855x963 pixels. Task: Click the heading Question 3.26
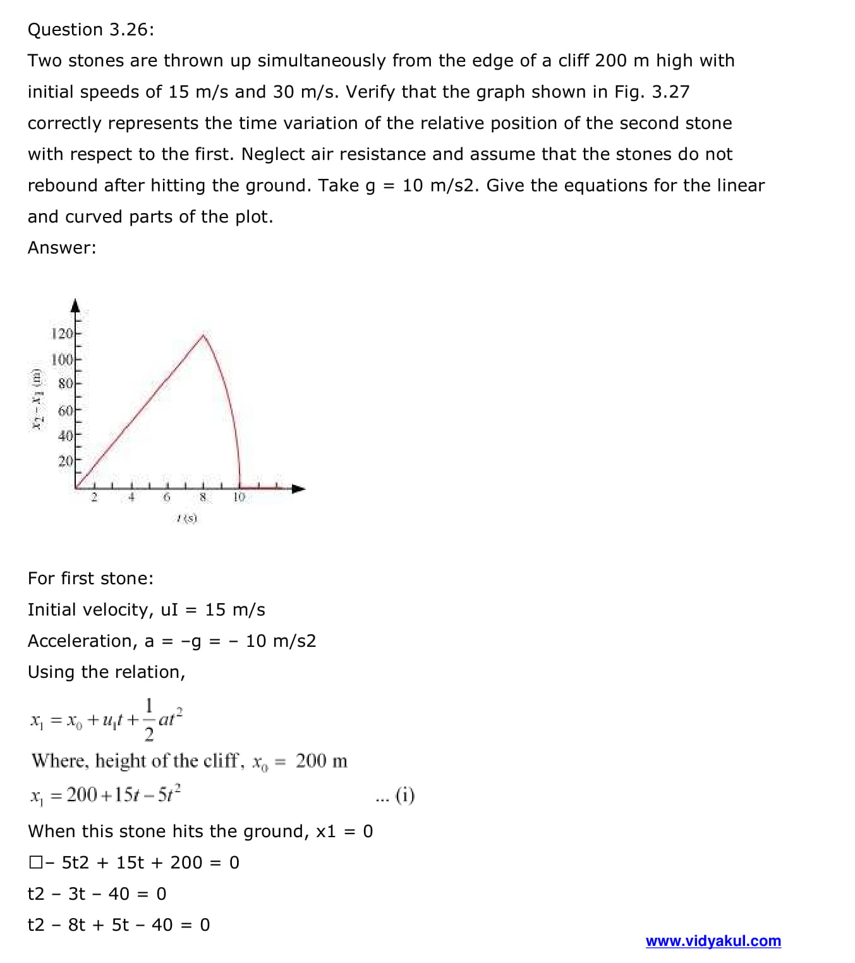tap(90, 30)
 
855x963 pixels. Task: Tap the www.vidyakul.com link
tap(713, 941)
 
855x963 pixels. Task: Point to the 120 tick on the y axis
tap(62, 333)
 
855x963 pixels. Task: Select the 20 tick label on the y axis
tap(65, 462)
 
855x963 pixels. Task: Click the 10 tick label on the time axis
tap(239, 497)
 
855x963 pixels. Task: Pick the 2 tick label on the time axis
tap(94, 497)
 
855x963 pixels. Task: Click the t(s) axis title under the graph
tap(187, 518)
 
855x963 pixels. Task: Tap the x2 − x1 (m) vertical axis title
tap(38, 398)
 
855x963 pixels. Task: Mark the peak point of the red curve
tap(203, 335)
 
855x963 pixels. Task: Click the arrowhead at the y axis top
tap(75, 305)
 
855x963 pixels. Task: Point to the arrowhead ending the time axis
tap(298, 488)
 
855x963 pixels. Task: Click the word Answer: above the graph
tap(62, 248)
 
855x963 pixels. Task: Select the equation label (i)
tap(405, 795)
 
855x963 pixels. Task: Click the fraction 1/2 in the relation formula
tap(149, 720)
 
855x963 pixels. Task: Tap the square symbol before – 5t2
tap(35, 862)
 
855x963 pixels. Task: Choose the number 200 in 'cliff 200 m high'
tap(610, 61)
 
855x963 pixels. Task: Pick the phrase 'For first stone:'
tap(90, 579)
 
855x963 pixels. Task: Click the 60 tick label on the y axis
tap(65, 411)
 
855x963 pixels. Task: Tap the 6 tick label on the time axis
tap(167, 497)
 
